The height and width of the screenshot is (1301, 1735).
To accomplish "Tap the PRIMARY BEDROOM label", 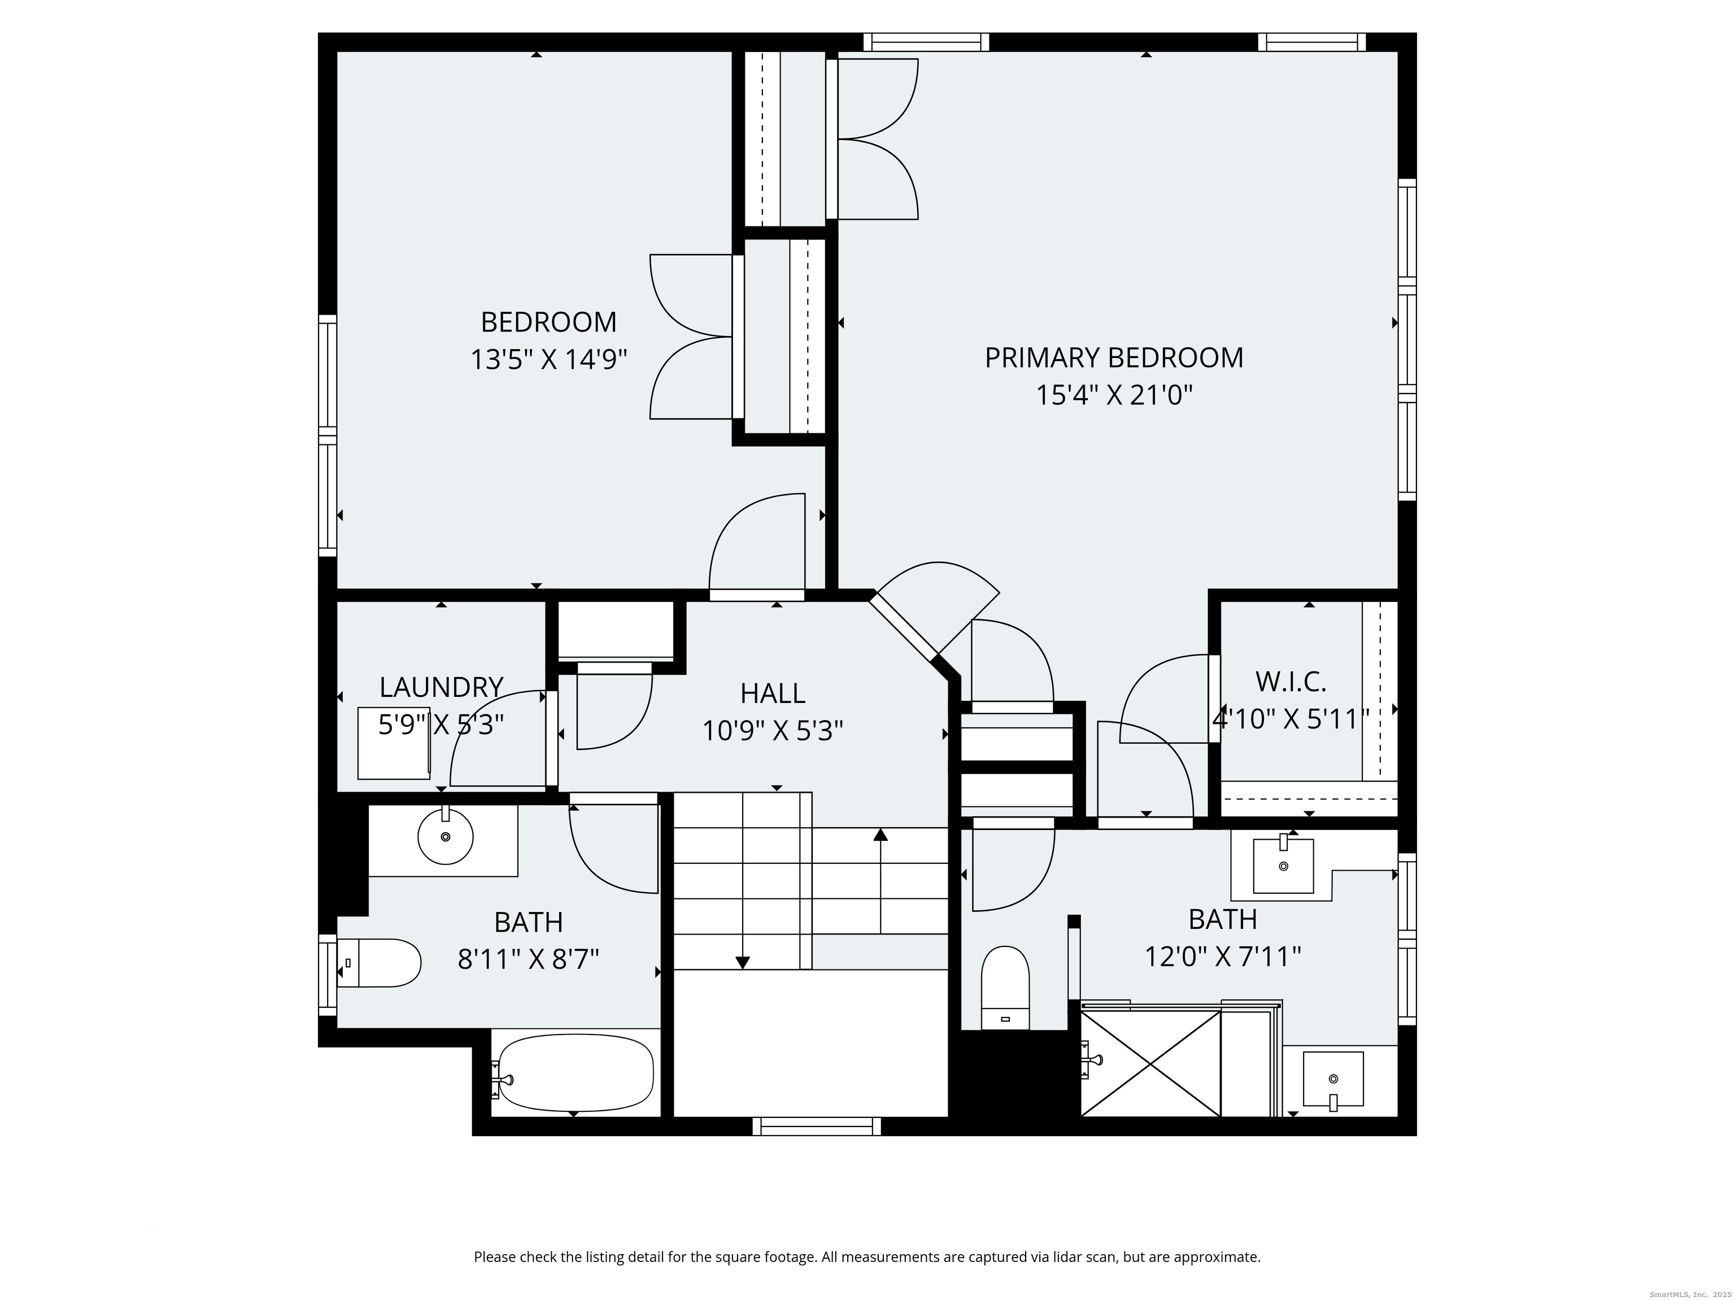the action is point(1114,357).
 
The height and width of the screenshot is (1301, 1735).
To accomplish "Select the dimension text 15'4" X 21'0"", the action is point(1114,395).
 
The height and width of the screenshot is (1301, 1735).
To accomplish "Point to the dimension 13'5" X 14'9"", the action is point(548,360).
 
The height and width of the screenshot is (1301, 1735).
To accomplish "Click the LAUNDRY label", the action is point(441,687).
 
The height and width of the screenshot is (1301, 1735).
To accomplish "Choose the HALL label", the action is point(773,693).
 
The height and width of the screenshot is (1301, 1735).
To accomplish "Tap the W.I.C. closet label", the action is point(1291,682).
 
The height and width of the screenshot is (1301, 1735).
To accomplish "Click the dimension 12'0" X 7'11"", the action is point(1223,957).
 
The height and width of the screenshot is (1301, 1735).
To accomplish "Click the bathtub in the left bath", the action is point(573,1073).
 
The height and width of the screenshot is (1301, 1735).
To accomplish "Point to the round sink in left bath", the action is point(446,837).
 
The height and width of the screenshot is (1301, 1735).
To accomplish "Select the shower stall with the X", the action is point(1150,1063).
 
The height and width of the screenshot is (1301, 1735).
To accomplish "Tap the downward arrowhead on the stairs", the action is point(743,963).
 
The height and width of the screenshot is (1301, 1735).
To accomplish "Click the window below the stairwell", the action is point(817,1126).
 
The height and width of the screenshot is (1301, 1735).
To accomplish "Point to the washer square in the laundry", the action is point(394,743).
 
